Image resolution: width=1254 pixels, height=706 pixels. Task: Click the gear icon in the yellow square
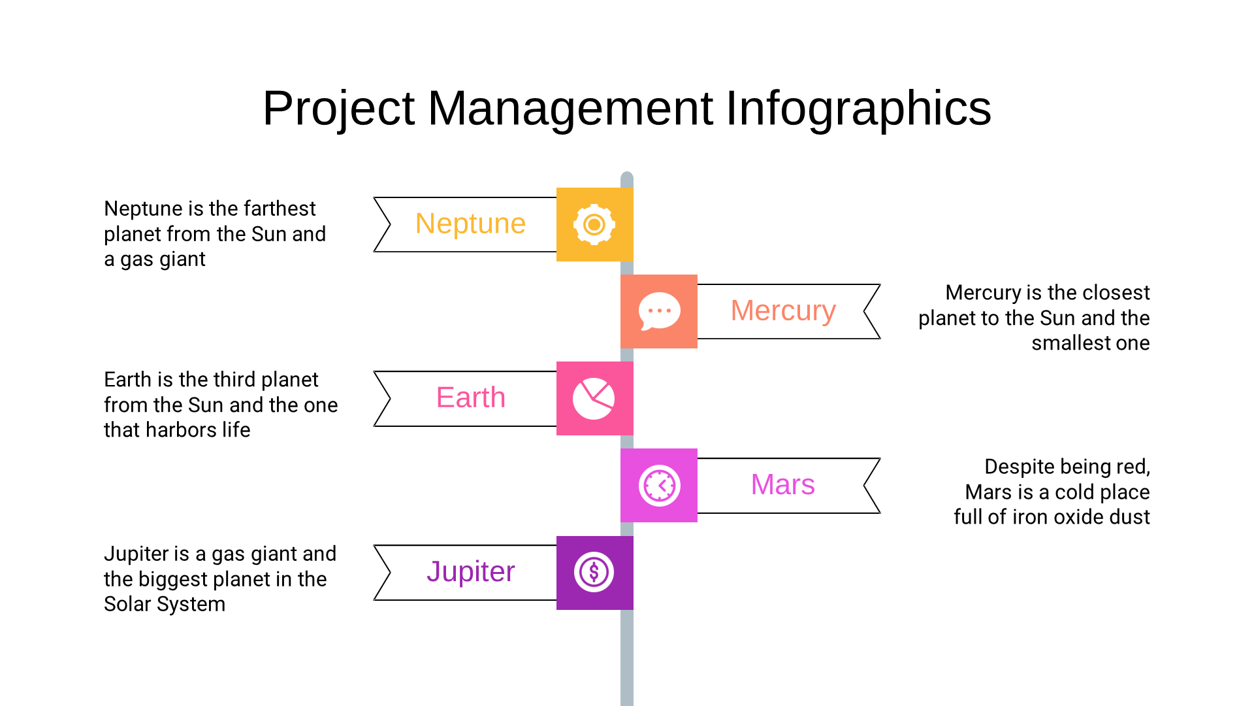[594, 225]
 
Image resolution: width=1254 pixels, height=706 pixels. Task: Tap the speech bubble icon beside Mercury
[659, 311]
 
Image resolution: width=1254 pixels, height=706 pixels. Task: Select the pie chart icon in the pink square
[594, 399]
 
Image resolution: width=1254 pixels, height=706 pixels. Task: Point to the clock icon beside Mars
[660, 486]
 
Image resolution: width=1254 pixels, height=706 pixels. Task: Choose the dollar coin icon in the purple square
[594, 573]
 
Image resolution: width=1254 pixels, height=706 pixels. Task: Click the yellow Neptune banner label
[470, 224]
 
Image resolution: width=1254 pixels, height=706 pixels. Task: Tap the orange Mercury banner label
[783, 311]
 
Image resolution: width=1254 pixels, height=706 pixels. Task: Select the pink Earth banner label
[470, 398]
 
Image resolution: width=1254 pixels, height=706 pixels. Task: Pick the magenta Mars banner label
[782, 485]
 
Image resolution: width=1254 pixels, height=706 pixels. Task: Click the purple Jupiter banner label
[470, 572]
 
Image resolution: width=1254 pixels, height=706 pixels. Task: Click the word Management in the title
[570, 109]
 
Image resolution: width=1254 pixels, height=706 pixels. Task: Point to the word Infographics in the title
[859, 109]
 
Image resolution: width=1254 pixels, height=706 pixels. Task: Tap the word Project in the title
[338, 109]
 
